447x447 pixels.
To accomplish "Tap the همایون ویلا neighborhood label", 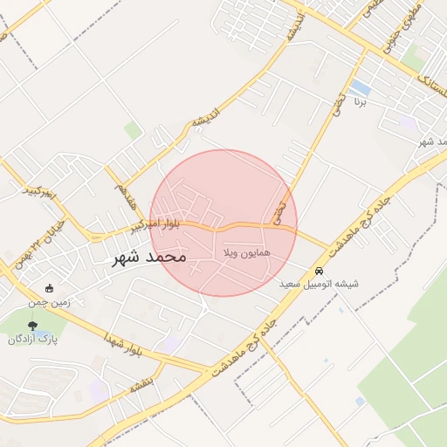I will click(x=248, y=252).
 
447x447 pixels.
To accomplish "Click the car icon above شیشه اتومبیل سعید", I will click(x=320, y=271).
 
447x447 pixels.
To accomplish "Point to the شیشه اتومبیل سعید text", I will click(x=319, y=285).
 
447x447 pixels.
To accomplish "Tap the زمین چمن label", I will click(x=52, y=301).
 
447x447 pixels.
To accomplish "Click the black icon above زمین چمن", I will click(x=49, y=288).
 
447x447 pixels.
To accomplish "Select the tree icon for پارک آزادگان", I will click(x=32, y=326).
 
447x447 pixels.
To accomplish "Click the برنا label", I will click(x=361, y=102).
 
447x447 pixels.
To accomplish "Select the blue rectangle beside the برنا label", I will click(x=360, y=88).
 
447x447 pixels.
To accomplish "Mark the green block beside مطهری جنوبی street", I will click(x=413, y=59).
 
